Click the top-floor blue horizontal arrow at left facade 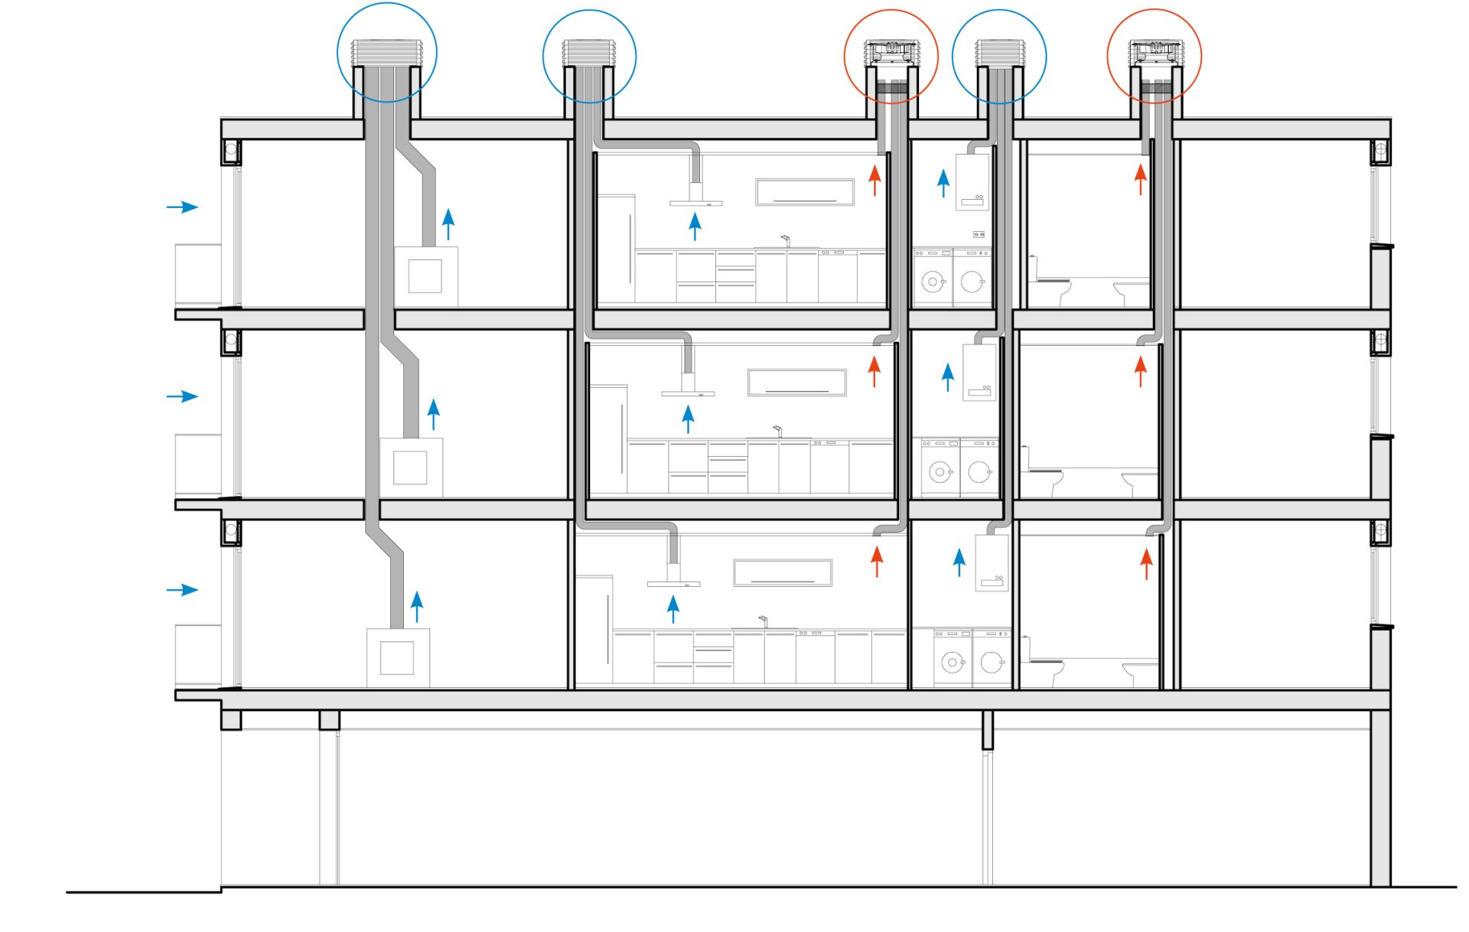182,207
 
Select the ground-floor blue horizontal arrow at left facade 182,590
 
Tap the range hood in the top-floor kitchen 695,200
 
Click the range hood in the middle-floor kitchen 688,391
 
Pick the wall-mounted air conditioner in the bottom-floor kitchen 782,572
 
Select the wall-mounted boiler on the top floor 972,182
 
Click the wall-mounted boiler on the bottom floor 992,562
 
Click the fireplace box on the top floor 425,276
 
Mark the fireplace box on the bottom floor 397,658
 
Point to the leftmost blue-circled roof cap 386,54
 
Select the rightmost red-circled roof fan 1155,53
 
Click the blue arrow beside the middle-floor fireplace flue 434,414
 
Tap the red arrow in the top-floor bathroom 1140,180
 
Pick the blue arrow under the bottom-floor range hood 673,608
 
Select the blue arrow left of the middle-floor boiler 948,376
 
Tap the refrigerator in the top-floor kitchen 616,249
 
